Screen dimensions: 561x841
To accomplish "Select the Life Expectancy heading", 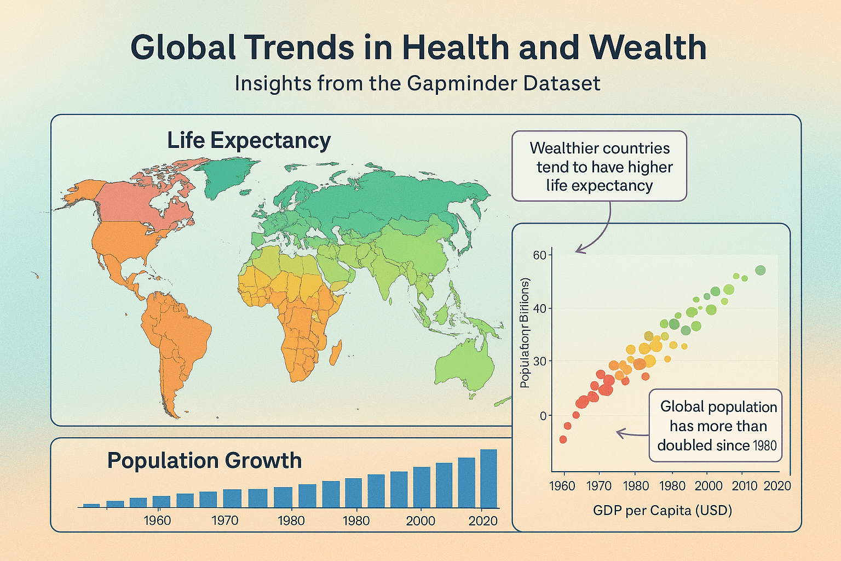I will tap(249, 140).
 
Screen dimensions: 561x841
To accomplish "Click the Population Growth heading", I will tap(204, 460).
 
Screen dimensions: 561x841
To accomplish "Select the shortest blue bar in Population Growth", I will tap(91, 505).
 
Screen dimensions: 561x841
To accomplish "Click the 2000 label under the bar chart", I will tap(420, 520).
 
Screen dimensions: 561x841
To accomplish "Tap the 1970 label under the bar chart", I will tap(225, 520).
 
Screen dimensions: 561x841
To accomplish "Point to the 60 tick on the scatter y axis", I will tap(539, 255).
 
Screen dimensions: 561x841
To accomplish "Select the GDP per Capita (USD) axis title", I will tap(663, 511).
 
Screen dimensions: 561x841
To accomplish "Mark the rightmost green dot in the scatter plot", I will tap(760, 270).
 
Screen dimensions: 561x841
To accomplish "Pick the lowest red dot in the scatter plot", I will tap(563, 439).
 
